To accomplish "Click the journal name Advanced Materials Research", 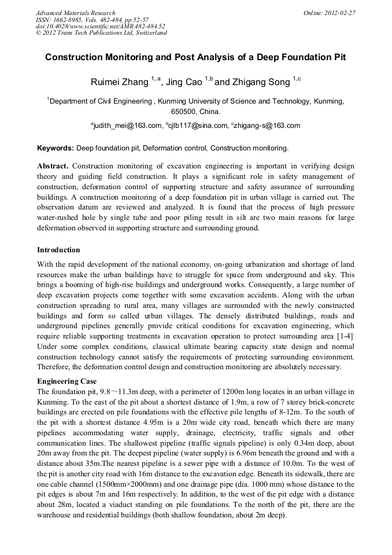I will point(75,12).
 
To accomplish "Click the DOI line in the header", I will point(100,26).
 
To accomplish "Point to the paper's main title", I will point(195,58).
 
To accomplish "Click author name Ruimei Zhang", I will point(119,82).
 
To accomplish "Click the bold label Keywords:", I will point(56,148).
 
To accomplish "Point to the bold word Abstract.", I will point(53,166).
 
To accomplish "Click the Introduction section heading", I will point(58,250).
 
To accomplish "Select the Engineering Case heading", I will point(66,381).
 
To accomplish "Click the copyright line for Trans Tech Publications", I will point(101,33).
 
